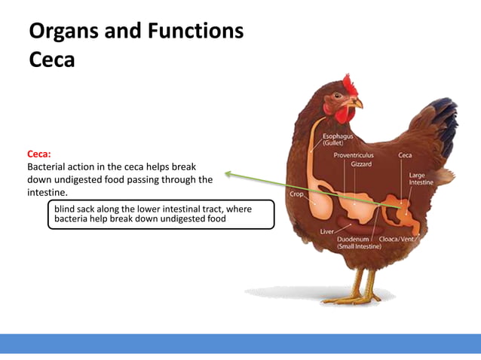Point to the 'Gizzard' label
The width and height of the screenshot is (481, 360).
[360, 163]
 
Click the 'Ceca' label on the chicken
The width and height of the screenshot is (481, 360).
[405, 154]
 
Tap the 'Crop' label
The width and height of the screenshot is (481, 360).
[297, 194]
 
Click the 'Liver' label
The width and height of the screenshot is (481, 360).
[326, 231]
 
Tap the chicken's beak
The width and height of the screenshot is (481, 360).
[359, 103]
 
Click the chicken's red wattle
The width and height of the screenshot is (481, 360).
[345, 115]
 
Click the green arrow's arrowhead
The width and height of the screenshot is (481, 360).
[228, 175]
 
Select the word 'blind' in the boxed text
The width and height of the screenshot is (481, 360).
[65, 209]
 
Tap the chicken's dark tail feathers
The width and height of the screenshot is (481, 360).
[445, 121]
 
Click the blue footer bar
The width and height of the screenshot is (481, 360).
[240, 343]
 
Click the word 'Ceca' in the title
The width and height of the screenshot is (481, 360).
[52, 59]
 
